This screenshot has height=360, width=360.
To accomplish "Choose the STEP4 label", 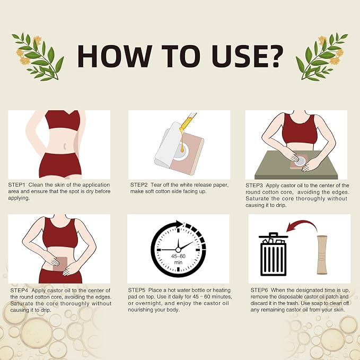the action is coord(19,291).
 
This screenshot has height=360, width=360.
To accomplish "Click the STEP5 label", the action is coord(137,290).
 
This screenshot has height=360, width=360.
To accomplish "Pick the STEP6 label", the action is coord(259,290).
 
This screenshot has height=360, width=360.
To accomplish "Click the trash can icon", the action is coord(273,254).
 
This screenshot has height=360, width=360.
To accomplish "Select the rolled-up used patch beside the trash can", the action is coord(322,255).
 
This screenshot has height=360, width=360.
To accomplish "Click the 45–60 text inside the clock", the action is coord(178,256).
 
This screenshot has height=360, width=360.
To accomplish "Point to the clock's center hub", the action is coord(178,250).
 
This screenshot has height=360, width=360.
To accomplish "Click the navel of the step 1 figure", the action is coord(65,146).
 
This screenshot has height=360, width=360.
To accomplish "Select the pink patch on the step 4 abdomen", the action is coord(60,264).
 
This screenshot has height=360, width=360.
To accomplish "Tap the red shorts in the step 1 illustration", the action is coord(60,165).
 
